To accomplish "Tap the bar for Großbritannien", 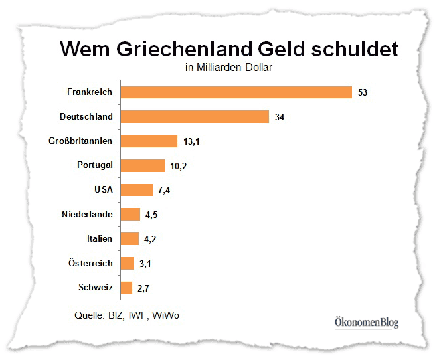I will point(149,141).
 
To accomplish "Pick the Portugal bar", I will point(142,165).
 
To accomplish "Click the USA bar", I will point(136,190).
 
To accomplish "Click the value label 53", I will point(362,92).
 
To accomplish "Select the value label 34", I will point(280,117).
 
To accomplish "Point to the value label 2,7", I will point(143,288).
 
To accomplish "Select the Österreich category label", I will point(90,263).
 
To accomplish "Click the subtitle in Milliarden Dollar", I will point(229,67).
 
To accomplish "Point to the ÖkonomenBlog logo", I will point(366,323).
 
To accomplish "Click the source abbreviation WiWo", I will point(165,315).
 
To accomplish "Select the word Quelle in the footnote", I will point(90,315).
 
